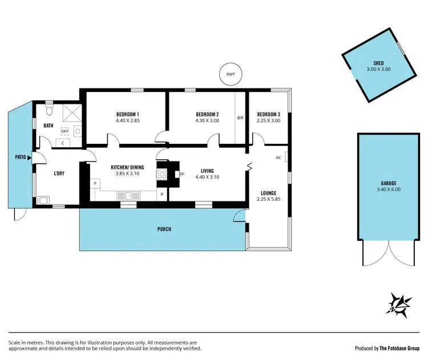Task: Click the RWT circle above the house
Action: point(230,74)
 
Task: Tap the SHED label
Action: point(378,63)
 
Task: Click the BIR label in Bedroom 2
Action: point(240,118)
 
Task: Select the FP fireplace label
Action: point(182,174)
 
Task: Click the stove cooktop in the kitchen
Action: point(161,174)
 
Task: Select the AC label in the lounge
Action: point(278,157)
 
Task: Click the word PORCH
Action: point(164,229)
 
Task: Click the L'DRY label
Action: point(59,173)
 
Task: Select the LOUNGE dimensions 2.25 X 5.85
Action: point(268,200)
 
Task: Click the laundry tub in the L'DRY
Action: point(45,200)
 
